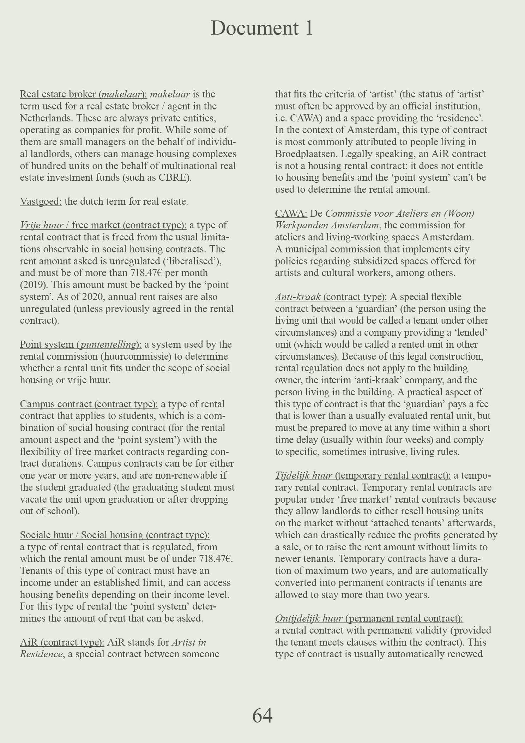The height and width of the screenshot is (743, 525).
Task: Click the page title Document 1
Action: point(262,28)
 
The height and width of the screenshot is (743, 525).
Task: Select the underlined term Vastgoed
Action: point(41,202)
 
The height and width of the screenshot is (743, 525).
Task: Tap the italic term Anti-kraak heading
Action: point(297,297)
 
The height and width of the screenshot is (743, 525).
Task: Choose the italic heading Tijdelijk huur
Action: point(303,476)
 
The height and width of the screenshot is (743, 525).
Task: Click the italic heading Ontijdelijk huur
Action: point(309,618)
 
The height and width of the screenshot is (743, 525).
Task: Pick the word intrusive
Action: point(387,452)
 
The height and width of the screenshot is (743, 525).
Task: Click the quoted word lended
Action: point(469,332)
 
